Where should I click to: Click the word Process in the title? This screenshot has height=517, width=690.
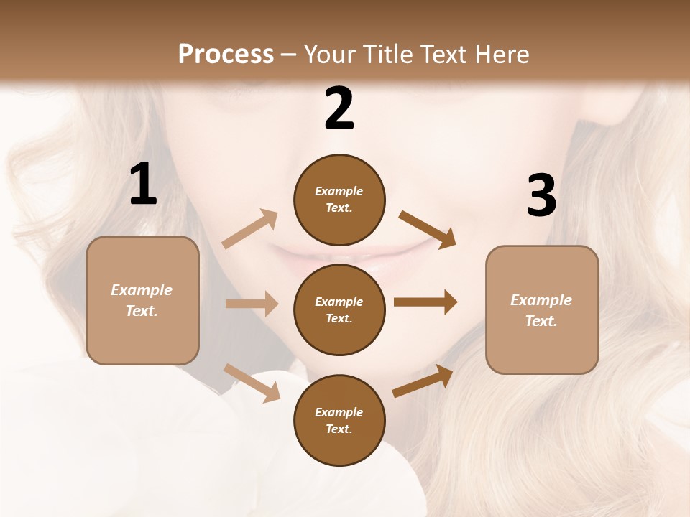pyautogui.click(x=226, y=55)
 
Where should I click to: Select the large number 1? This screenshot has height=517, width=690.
pyautogui.click(x=143, y=185)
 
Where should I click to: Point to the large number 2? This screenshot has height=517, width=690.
pyautogui.click(x=339, y=108)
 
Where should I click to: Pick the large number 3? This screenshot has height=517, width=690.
pyautogui.click(x=541, y=196)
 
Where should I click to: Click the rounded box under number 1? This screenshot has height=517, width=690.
pyautogui.click(x=142, y=300)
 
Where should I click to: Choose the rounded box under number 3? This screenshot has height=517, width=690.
pyautogui.click(x=542, y=310)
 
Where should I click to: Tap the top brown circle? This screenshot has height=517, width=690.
pyautogui.click(x=339, y=200)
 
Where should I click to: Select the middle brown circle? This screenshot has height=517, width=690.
pyautogui.click(x=339, y=309)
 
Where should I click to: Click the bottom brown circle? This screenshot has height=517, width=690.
pyautogui.click(x=339, y=420)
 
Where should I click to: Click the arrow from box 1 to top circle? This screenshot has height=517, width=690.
pyautogui.click(x=250, y=229)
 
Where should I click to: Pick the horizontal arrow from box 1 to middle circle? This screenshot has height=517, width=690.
pyautogui.click(x=252, y=304)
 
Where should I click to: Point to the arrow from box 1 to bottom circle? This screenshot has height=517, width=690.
pyautogui.click(x=252, y=382)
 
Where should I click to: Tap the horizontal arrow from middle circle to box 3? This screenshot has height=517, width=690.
pyautogui.click(x=425, y=302)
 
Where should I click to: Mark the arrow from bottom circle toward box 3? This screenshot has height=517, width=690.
pyautogui.click(x=423, y=381)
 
